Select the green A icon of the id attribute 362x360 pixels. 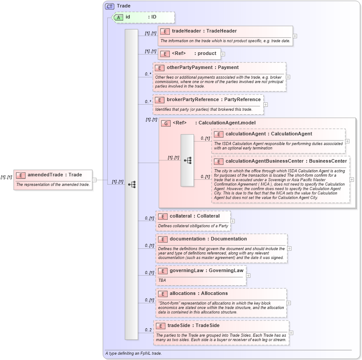pos(118,17)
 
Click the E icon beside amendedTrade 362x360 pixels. pos(21,175)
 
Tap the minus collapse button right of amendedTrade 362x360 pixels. pos(94,180)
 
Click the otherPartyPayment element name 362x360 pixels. pos(203,67)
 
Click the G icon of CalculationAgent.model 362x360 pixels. pos(166,123)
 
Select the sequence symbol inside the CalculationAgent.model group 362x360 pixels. pos(187,160)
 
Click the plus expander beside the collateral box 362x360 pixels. pos(233,221)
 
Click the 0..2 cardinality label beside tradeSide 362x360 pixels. pos(148,330)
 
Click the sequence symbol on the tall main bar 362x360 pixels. pos(132,185)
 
